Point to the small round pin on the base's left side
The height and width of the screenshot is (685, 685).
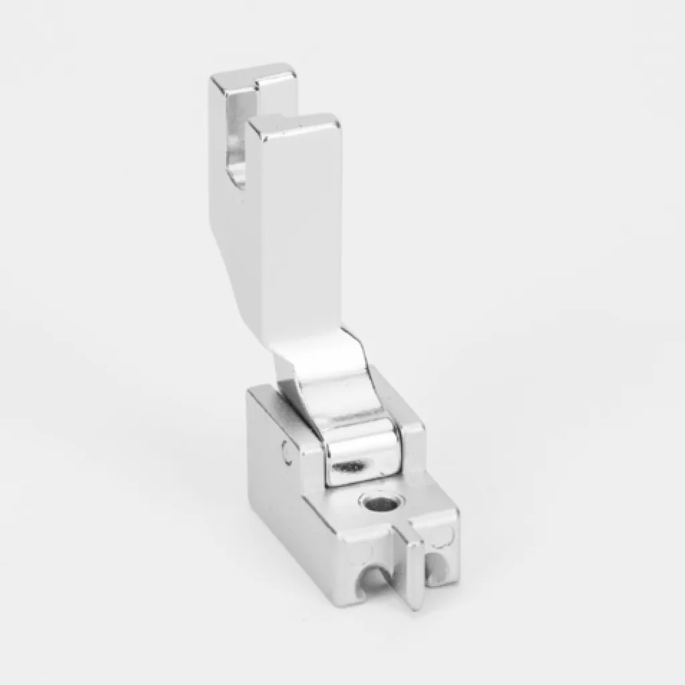(286, 452)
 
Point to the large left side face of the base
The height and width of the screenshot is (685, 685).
(294, 508)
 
